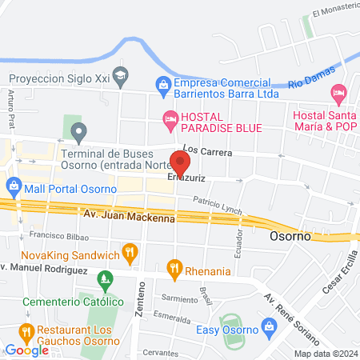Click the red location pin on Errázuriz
click(180, 162)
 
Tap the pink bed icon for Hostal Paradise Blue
click(169, 120)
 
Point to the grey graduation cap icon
click(121, 78)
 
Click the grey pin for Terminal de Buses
click(78, 130)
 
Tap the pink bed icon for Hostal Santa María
click(338, 94)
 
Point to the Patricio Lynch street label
click(216, 206)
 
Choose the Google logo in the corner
click(27, 350)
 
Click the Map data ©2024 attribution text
click(325, 354)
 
